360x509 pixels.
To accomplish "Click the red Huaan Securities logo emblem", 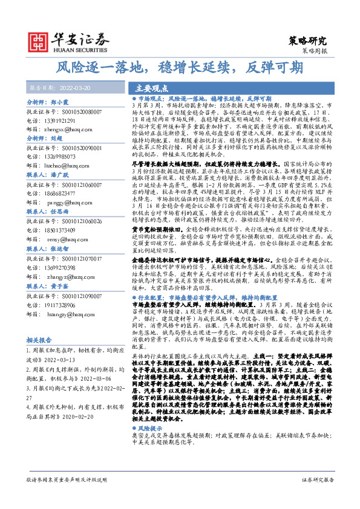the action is (x=38, y=41).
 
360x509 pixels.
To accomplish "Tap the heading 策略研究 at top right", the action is (x=307, y=41).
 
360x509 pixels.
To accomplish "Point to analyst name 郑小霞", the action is (x=62, y=103).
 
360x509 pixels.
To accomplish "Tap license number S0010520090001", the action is (x=80, y=147).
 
